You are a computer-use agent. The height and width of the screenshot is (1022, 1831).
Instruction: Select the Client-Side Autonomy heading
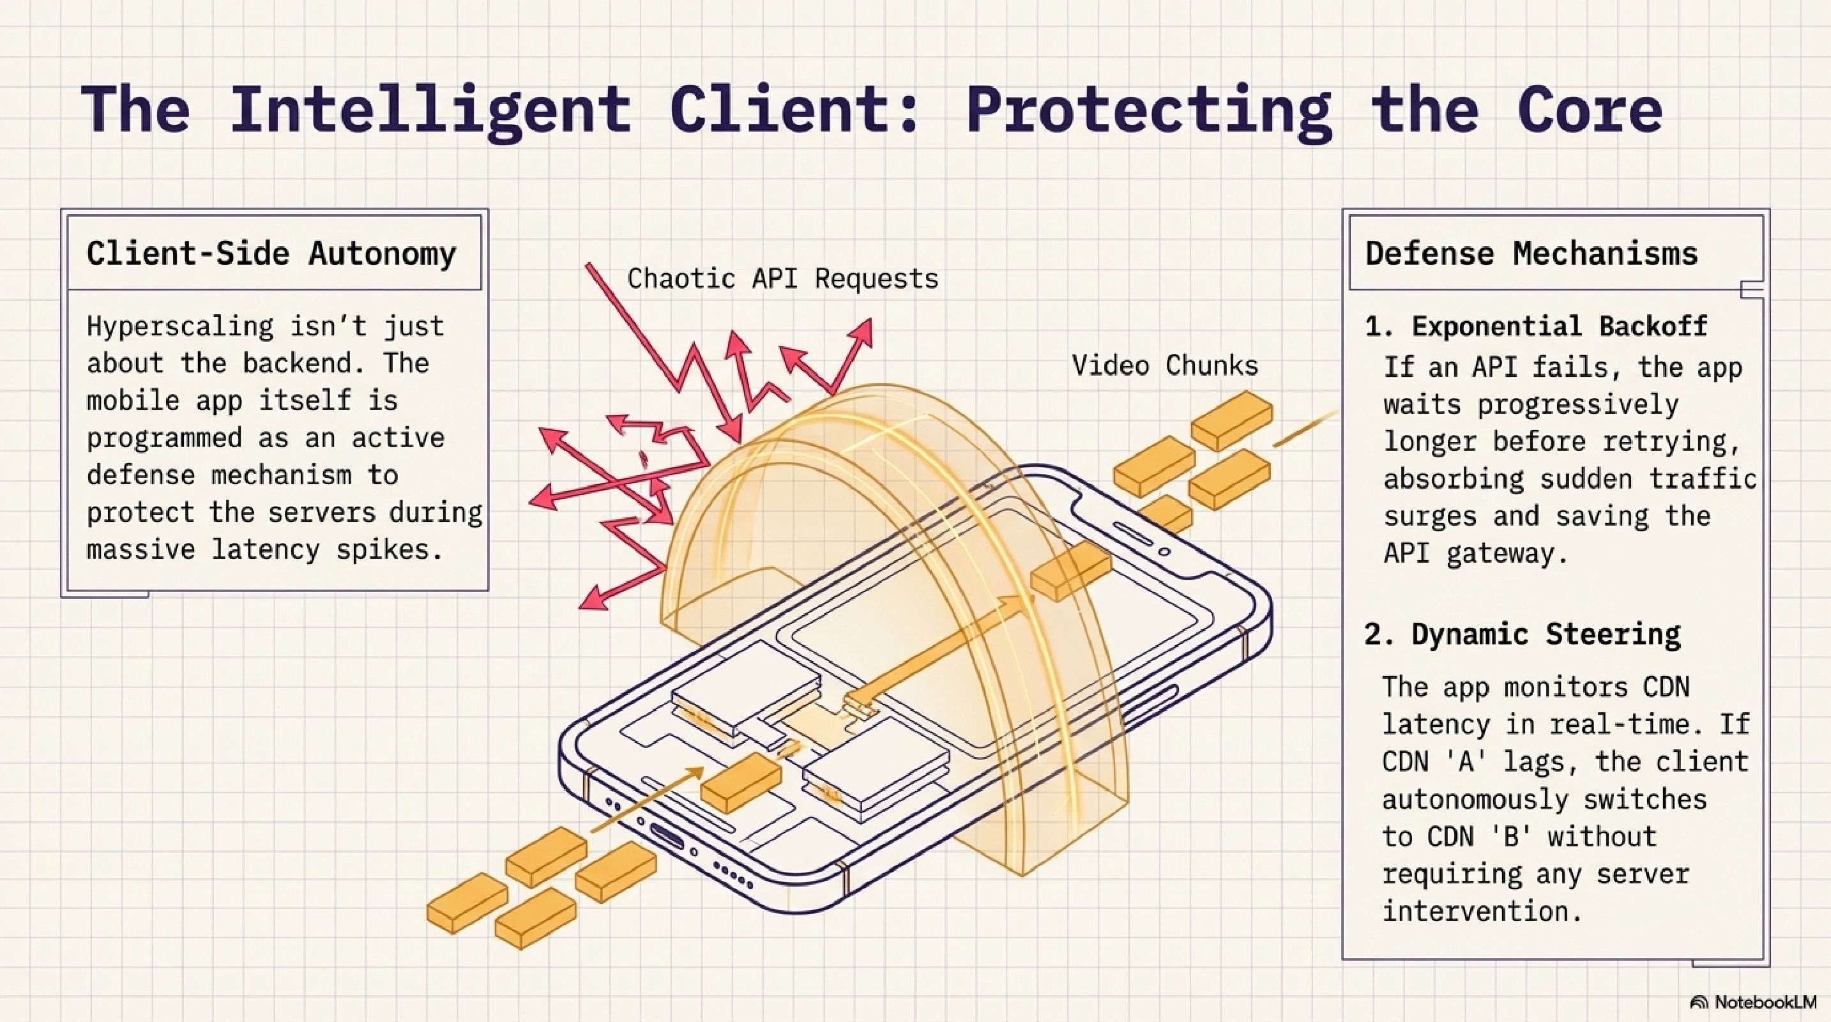coord(271,254)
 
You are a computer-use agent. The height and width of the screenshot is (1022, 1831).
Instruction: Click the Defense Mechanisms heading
coord(1531,254)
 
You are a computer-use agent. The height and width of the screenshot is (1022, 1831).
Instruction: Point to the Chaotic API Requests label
coord(782,278)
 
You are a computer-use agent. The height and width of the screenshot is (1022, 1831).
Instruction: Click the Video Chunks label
coord(1164,365)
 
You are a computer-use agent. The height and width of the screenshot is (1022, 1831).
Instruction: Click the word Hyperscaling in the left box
coord(180,326)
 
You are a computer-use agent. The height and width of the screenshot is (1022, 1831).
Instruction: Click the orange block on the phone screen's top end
coord(1070,570)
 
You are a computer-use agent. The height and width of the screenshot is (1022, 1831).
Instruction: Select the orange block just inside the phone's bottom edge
coord(741,782)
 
